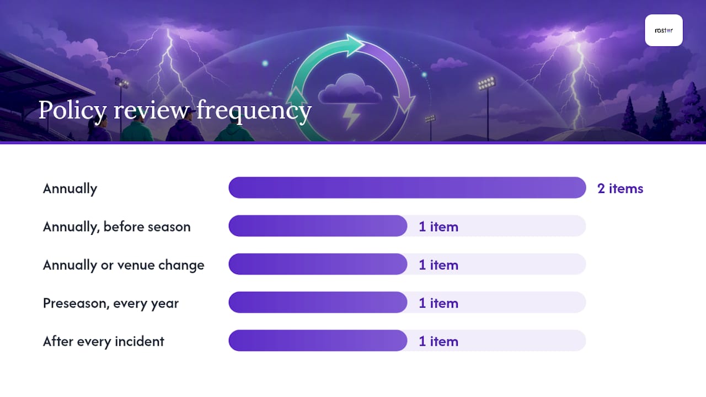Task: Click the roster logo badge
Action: click(664, 30)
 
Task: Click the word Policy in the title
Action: click(72, 111)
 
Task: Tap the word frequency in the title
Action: click(254, 111)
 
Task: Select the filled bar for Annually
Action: click(407, 188)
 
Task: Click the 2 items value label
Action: click(621, 189)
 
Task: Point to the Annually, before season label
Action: click(116, 227)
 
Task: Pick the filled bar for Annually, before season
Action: click(318, 226)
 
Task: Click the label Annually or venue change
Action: click(124, 265)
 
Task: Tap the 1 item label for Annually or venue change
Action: click(438, 265)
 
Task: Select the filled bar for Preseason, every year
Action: click(318, 303)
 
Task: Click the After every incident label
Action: click(103, 341)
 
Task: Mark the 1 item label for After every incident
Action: click(438, 341)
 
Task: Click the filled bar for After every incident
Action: click(318, 341)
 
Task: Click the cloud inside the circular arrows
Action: click(350, 89)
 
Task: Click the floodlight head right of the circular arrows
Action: click(486, 83)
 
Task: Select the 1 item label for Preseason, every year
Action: click(438, 303)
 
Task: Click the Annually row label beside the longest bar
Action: click(70, 189)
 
